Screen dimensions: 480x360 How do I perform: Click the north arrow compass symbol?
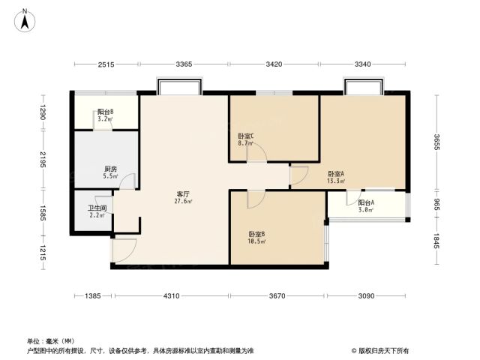coord(25,21)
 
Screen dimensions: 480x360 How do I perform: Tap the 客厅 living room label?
coord(183,194)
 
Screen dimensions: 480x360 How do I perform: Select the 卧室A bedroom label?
coord(336,173)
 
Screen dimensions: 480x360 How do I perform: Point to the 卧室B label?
coord(256,234)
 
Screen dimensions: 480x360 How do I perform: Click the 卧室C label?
coord(246,136)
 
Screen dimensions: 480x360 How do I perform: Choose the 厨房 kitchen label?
coord(110,169)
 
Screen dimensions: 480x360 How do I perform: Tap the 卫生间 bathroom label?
coord(97,208)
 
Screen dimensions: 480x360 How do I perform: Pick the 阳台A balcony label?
coord(366,202)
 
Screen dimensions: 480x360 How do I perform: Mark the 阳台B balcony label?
coord(106,112)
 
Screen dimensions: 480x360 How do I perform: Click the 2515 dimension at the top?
coord(106,64)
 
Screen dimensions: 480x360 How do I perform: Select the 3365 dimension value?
coord(184,64)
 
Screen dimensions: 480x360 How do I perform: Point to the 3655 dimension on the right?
coord(436,142)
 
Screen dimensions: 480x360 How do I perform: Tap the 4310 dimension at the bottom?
coord(172,296)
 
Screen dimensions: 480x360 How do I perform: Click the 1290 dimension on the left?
coord(43,112)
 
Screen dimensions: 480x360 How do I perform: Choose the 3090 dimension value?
coord(366,296)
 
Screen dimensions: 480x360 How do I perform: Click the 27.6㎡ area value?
coord(183,202)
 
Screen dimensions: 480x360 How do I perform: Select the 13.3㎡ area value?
coord(336,181)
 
